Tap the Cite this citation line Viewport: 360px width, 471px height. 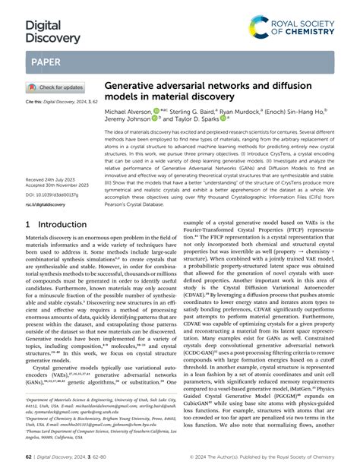pyautogui.click(x=58, y=100)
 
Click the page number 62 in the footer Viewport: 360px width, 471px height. pyautogui.click(x=30, y=459)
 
